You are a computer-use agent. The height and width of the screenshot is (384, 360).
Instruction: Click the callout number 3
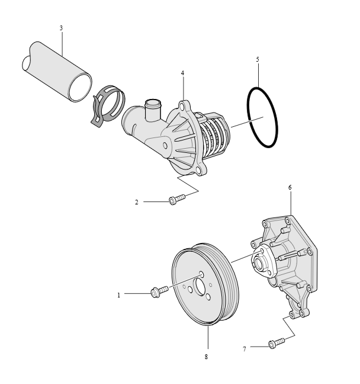(61, 28)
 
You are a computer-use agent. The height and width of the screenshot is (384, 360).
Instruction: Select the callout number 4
(182, 73)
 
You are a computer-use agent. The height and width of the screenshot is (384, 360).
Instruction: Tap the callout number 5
(258, 59)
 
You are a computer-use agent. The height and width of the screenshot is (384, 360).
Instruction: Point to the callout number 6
(290, 187)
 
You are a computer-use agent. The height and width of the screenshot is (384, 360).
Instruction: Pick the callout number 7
(244, 349)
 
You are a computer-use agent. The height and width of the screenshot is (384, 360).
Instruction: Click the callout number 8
(206, 357)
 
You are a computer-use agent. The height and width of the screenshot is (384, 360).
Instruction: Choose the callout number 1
(118, 295)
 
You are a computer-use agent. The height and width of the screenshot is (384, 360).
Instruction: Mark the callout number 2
(137, 202)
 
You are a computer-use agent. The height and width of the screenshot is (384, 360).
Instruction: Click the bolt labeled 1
(159, 292)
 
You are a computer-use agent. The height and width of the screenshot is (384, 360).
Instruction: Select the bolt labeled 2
(177, 200)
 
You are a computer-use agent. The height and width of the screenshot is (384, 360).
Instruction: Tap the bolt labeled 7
(277, 343)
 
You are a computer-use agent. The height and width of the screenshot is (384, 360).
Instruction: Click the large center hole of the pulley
(199, 287)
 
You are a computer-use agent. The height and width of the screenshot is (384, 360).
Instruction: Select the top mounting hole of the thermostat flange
(182, 107)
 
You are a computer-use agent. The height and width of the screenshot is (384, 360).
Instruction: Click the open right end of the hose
(80, 87)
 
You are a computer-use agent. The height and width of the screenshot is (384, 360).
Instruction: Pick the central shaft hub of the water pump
(260, 263)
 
